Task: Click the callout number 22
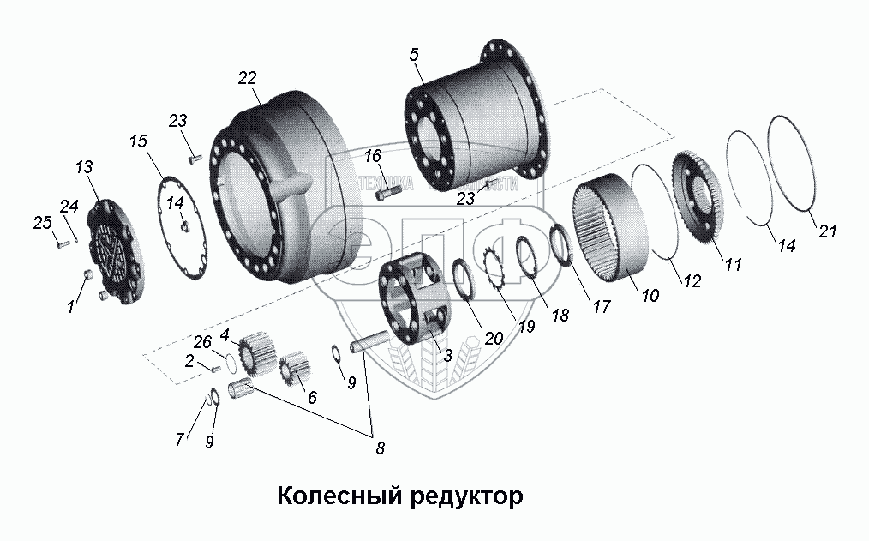click(247, 78)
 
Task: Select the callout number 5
click(414, 55)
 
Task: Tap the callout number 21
click(828, 231)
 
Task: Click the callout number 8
click(380, 447)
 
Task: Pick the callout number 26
click(202, 341)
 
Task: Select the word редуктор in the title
click(459, 496)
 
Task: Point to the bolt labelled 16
click(387, 194)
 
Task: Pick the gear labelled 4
click(256, 351)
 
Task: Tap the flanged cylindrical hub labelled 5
click(476, 129)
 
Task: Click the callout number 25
click(41, 225)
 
